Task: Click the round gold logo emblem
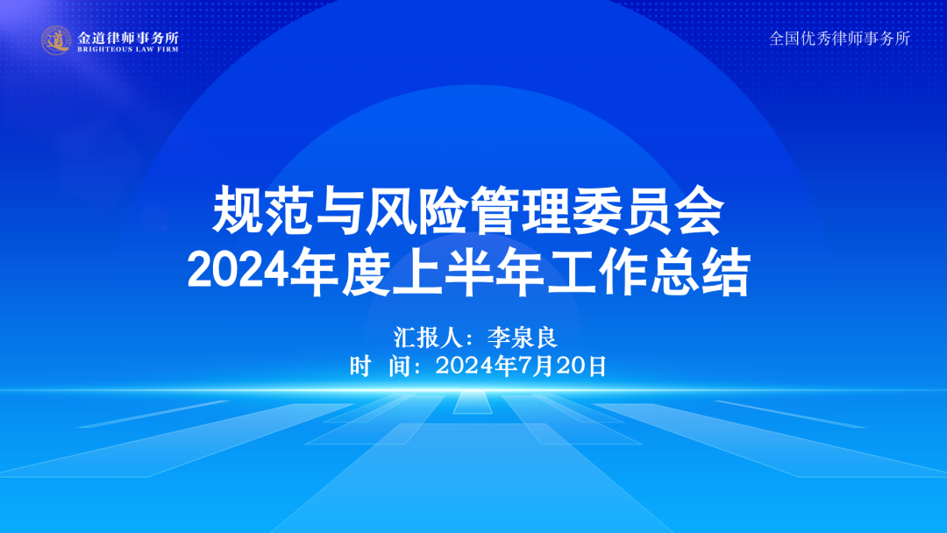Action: [x=56, y=40]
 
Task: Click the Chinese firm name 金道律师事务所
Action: [x=128, y=38]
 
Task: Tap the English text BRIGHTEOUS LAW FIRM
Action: [x=128, y=49]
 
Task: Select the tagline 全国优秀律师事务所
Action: [x=839, y=39]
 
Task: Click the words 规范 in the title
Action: [x=263, y=210]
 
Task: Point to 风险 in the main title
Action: [x=417, y=210]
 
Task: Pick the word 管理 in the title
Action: [x=519, y=210]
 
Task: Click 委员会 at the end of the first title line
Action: [x=647, y=210]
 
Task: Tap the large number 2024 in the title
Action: [x=238, y=273]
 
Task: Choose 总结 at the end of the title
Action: [x=699, y=273]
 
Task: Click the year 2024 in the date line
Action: [x=465, y=366]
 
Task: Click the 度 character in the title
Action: [x=366, y=273]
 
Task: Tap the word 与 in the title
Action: [x=339, y=210]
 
